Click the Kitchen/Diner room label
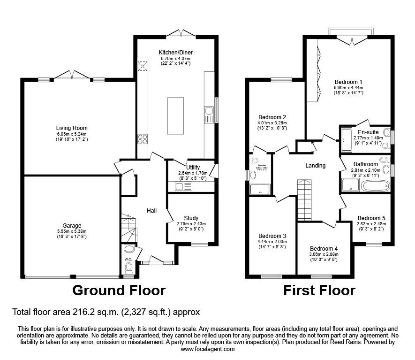pos(176,52)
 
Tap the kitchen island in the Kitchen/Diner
pos(176,115)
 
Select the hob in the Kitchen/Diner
pos(143,138)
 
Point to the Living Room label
pos(72,128)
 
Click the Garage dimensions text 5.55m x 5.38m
pos(72,231)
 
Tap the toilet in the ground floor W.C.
pos(128,268)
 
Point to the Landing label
pos(315,166)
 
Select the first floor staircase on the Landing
pos(304,199)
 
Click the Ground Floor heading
pos(119,291)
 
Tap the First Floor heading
pos(319,291)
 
